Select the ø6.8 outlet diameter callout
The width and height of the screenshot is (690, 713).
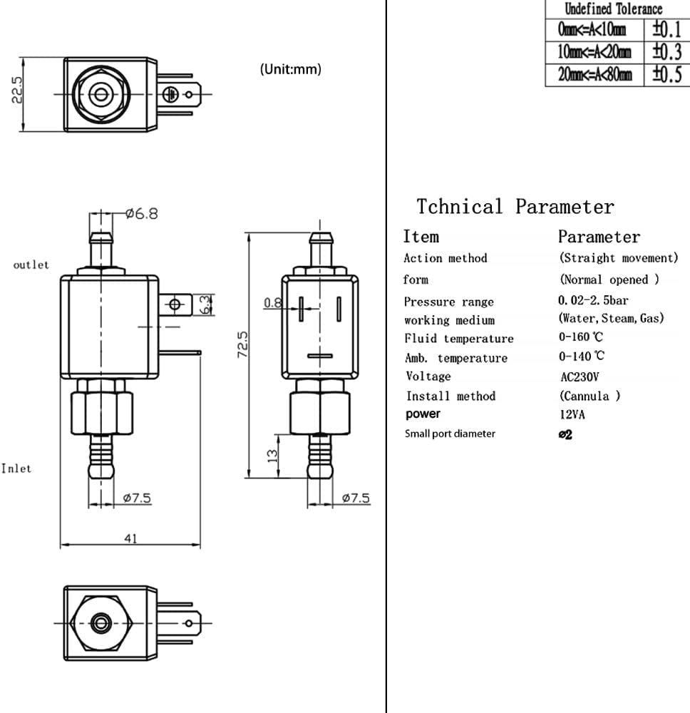tap(141, 213)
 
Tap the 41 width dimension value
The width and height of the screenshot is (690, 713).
tap(130, 539)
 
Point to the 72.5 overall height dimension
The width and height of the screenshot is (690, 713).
tap(242, 344)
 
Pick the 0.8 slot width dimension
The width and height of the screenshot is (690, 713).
tap(272, 303)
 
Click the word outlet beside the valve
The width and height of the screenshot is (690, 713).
tap(31, 265)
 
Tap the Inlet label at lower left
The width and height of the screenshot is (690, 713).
tap(17, 468)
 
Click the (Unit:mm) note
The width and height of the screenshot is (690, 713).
tap(290, 69)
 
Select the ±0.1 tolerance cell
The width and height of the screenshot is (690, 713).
tap(666, 30)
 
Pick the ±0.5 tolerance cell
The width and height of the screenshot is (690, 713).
tap(666, 75)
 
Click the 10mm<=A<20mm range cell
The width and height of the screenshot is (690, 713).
tap(594, 52)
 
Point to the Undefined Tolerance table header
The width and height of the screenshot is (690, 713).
tap(613, 9)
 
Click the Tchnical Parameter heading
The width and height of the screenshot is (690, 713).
tap(515, 207)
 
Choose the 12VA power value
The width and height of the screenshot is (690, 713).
tap(572, 414)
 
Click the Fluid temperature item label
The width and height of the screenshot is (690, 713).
tap(458, 339)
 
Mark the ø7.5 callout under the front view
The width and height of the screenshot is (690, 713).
tap(136, 498)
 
